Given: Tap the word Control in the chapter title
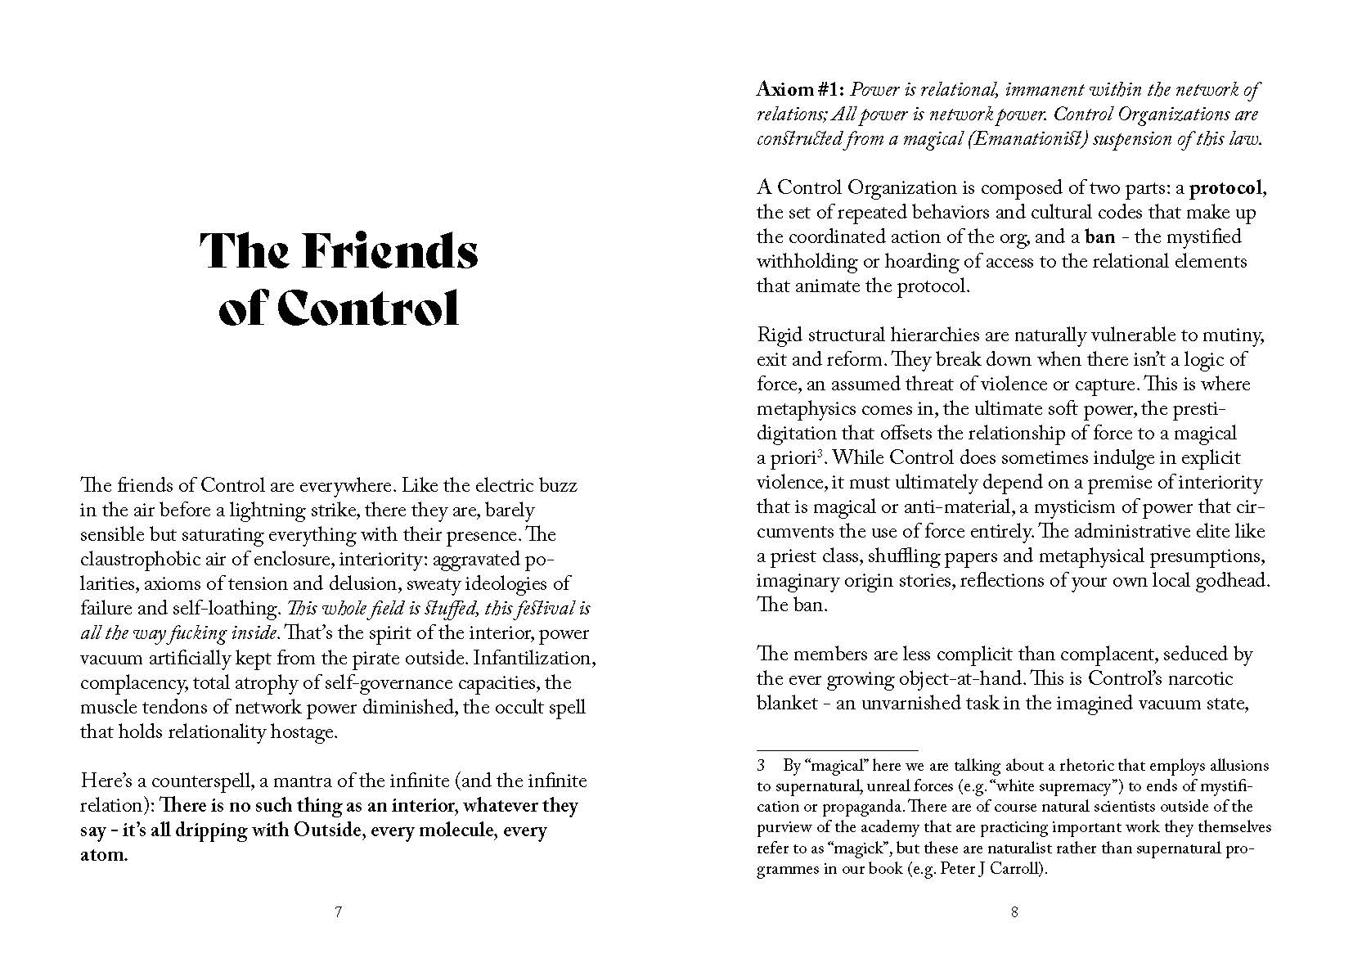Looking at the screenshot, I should tap(366, 308).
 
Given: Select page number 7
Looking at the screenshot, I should tap(338, 913).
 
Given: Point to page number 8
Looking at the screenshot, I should tap(1014, 913).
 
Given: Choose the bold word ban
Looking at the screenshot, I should tap(1099, 237).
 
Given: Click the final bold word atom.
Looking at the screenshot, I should tap(104, 856).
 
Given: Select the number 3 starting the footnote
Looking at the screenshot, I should tap(761, 767).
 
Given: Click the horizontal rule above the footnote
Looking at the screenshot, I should tap(837, 750).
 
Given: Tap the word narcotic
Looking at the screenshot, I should tap(1198, 679).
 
